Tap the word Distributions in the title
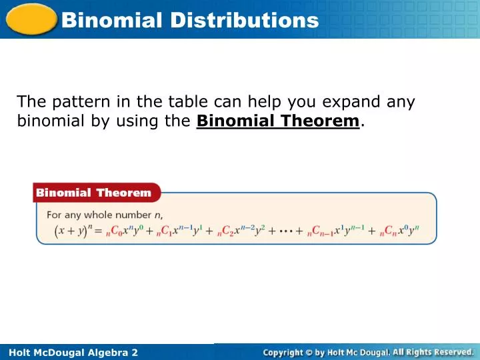(x=244, y=20)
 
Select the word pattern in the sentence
(x=79, y=102)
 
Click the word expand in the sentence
(x=353, y=102)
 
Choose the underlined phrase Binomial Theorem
(x=278, y=121)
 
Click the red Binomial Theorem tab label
(x=94, y=193)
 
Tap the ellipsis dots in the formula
(x=285, y=231)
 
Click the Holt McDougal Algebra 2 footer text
(x=69, y=352)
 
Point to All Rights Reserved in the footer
(x=433, y=352)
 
